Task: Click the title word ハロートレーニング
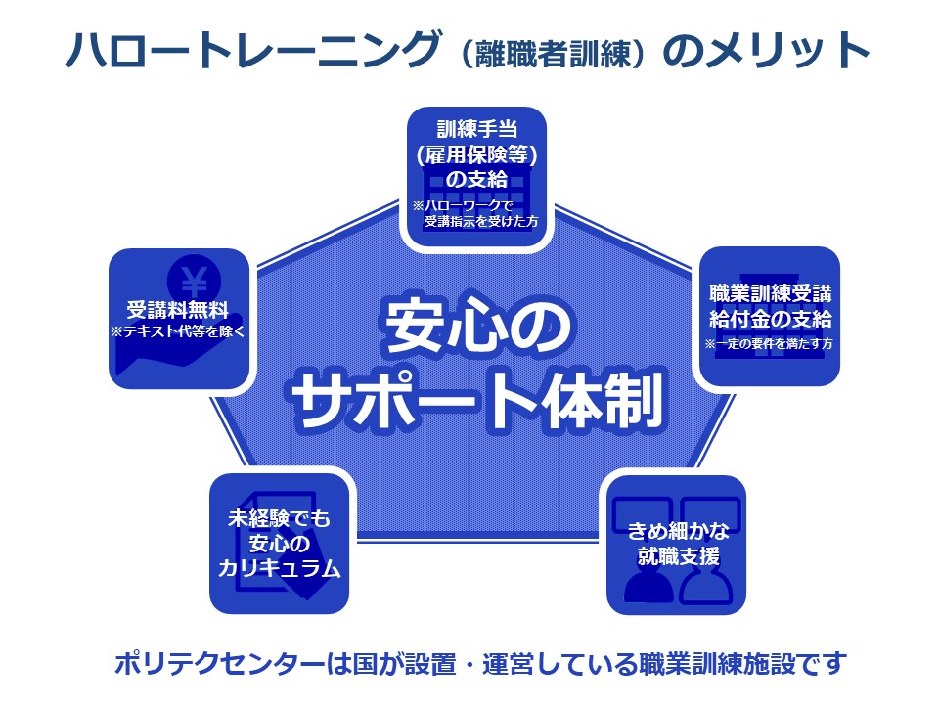pos(248,52)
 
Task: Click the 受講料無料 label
pos(177,312)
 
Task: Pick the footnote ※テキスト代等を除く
pos(177,332)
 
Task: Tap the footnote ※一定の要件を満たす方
pos(769,344)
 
